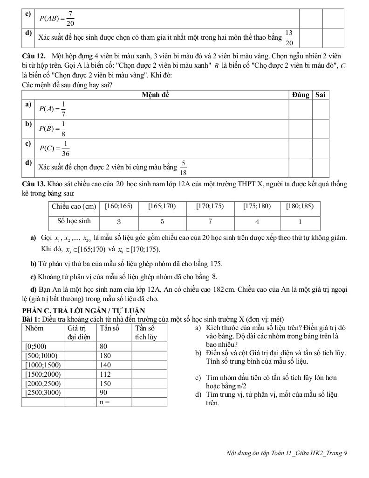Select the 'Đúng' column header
click(301, 95)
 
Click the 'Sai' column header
click(320, 95)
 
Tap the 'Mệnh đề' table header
click(155, 95)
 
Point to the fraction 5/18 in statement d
click(184, 167)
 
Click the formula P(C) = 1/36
click(55, 148)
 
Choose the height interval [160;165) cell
click(119, 206)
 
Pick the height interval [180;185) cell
click(300, 206)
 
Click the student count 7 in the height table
click(210, 221)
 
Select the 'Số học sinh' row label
click(74, 221)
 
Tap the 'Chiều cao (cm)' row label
click(74, 206)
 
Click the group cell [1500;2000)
click(43, 374)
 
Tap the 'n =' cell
click(106, 401)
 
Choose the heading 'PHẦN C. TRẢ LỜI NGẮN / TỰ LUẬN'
click(83, 310)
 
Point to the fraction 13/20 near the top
click(289, 38)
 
